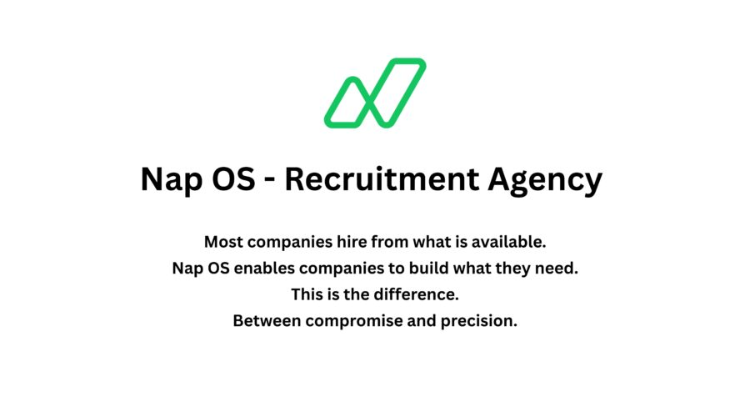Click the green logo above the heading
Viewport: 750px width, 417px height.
[375, 93]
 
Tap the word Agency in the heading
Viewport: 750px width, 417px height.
[546, 181]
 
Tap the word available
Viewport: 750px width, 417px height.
[507, 243]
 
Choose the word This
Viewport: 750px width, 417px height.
[307, 294]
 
